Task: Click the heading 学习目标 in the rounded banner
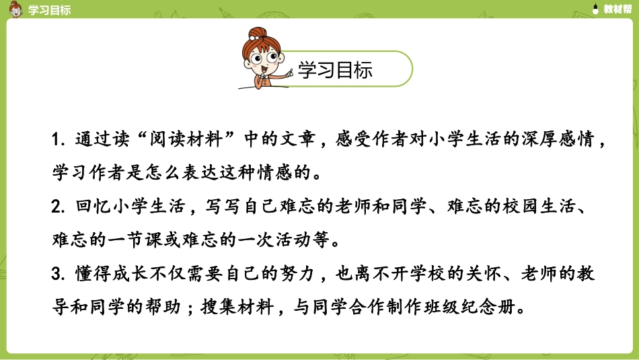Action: pyautogui.click(x=334, y=70)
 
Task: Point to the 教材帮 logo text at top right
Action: pyautogui.click(x=615, y=9)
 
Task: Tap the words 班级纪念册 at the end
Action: pyautogui.click(x=481, y=308)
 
